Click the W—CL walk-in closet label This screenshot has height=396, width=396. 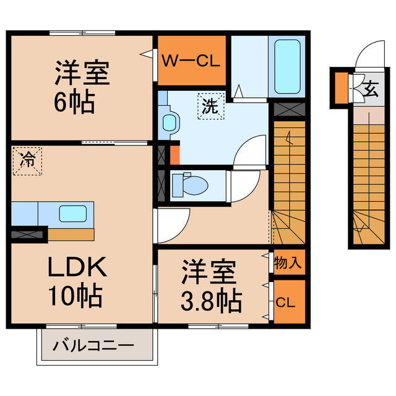(x=191, y=61)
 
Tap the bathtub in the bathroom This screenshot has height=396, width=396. (x=287, y=67)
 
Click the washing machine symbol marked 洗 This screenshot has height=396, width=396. (x=211, y=106)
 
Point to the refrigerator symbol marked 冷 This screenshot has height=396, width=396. (x=27, y=161)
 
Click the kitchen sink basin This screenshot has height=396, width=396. (x=73, y=213)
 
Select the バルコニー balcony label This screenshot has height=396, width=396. (x=93, y=345)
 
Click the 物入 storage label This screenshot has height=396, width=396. (x=288, y=262)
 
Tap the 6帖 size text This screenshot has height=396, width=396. (x=74, y=101)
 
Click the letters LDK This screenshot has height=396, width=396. (x=77, y=267)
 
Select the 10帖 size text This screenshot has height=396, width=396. (x=75, y=296)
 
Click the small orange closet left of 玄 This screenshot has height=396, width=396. (x=342, y=88)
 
